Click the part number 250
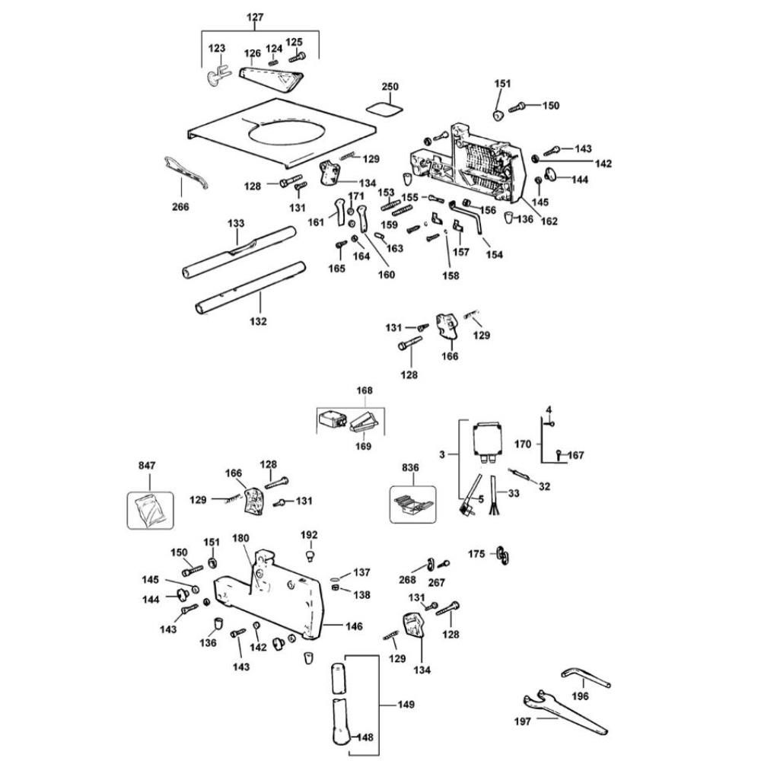[390, 87]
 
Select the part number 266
[180, 206]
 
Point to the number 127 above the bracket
[260, 18]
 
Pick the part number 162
[549, 221]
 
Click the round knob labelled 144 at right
[556, 180]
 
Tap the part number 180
[240, 538]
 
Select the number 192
[310, 535]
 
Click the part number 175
[476, 554]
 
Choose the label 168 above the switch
[365, 390]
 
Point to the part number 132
[258, 321]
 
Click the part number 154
[495, 254]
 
